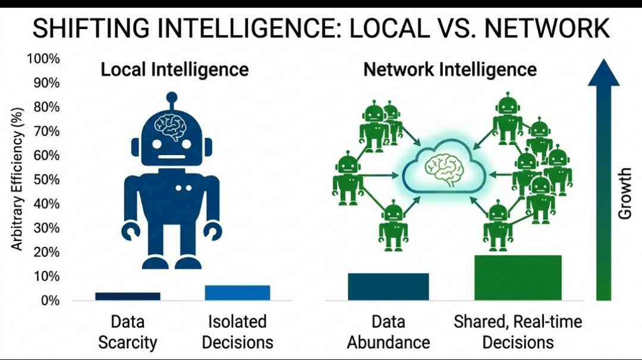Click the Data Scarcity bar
pyautogui.click(x=127, y=296)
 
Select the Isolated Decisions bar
pyautogui.click(x=237, y=292)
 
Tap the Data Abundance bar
pyautogui.click(x=388, y=286)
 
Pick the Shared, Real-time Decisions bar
pyautogui.click(x=518, y=277)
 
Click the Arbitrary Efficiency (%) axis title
pyautogui.click(x=17, y=178)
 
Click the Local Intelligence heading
pyautogui.click(x=174, y=70)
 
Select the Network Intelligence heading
pyautogui.click(x=450, y=70)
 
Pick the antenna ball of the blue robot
pyautogui.click(x=172, y=97)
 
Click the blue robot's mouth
pyautogui.click(x=171, y=157)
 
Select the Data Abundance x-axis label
pyautogui.click(x=388, y=332)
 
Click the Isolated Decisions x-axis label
pyautogui.click(x=237, y=332)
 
